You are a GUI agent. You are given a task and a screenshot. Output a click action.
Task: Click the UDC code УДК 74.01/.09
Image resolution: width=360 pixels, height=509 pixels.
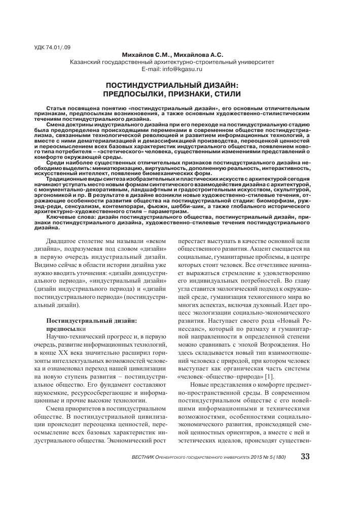coord(52,47)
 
